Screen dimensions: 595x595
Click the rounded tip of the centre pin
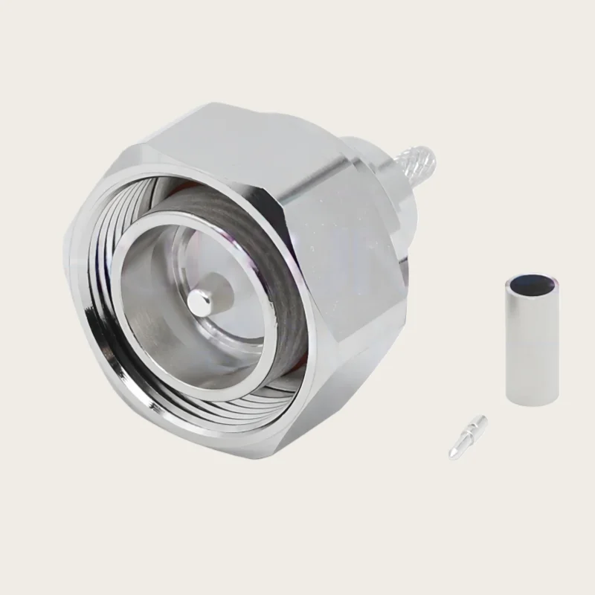[x=196, y=302]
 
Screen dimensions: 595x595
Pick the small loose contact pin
[x=467, y=436]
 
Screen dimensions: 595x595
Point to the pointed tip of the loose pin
[x=451, y=453]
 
